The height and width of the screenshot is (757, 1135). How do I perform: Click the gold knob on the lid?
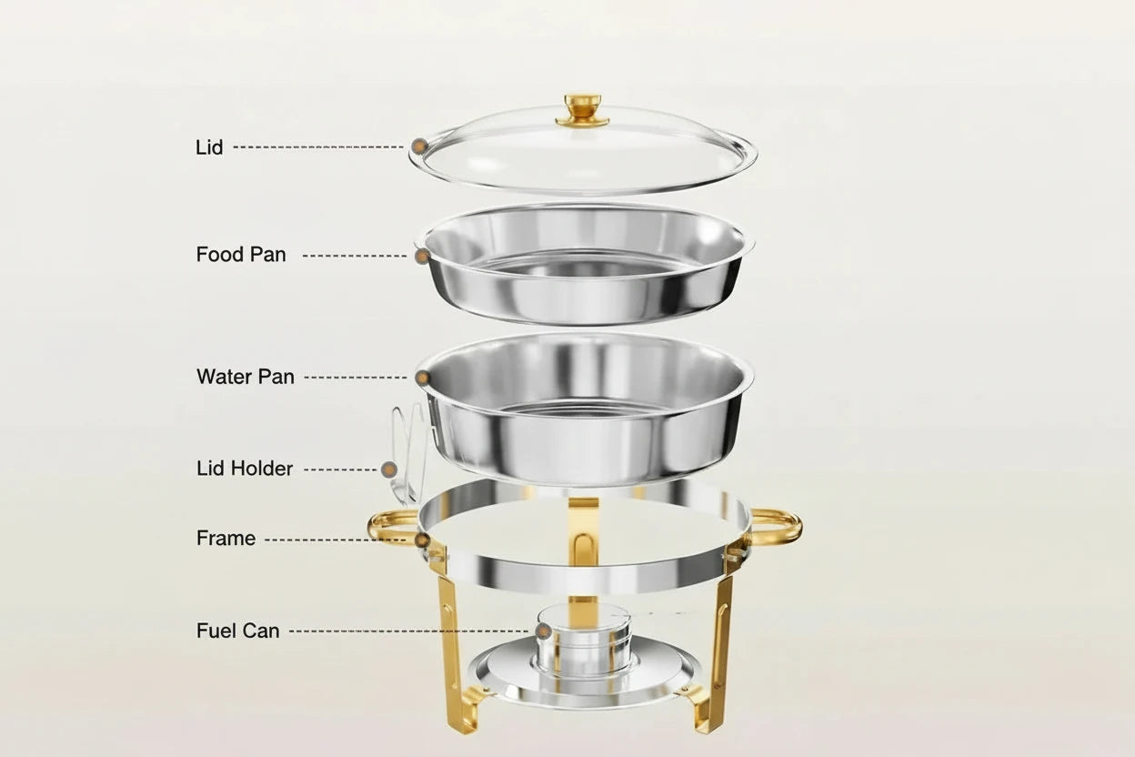click(583, 109)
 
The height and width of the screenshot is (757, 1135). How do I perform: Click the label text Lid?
click(209, 146)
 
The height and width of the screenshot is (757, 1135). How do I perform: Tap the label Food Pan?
click(241, 255)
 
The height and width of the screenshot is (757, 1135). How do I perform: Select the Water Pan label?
click(246, 377)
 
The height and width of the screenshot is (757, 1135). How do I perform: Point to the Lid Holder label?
click(245, 469)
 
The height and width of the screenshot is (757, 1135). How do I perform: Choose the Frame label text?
click(226, 539)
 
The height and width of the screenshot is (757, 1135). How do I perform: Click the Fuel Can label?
click(238, 630)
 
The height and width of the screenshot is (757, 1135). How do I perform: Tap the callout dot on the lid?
click(419, 146)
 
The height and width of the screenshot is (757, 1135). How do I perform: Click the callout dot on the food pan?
click(422, 257)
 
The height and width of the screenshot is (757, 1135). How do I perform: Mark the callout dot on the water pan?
click(423, 377)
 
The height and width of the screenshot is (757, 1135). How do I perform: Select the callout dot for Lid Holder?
click(389, 469)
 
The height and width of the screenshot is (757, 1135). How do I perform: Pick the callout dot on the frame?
click(423, 540)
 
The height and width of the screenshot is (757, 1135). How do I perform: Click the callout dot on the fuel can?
click(543, 630)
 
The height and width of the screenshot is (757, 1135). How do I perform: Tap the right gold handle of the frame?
click(778, 526)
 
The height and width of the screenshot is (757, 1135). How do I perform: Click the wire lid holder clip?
click(406, 446)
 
